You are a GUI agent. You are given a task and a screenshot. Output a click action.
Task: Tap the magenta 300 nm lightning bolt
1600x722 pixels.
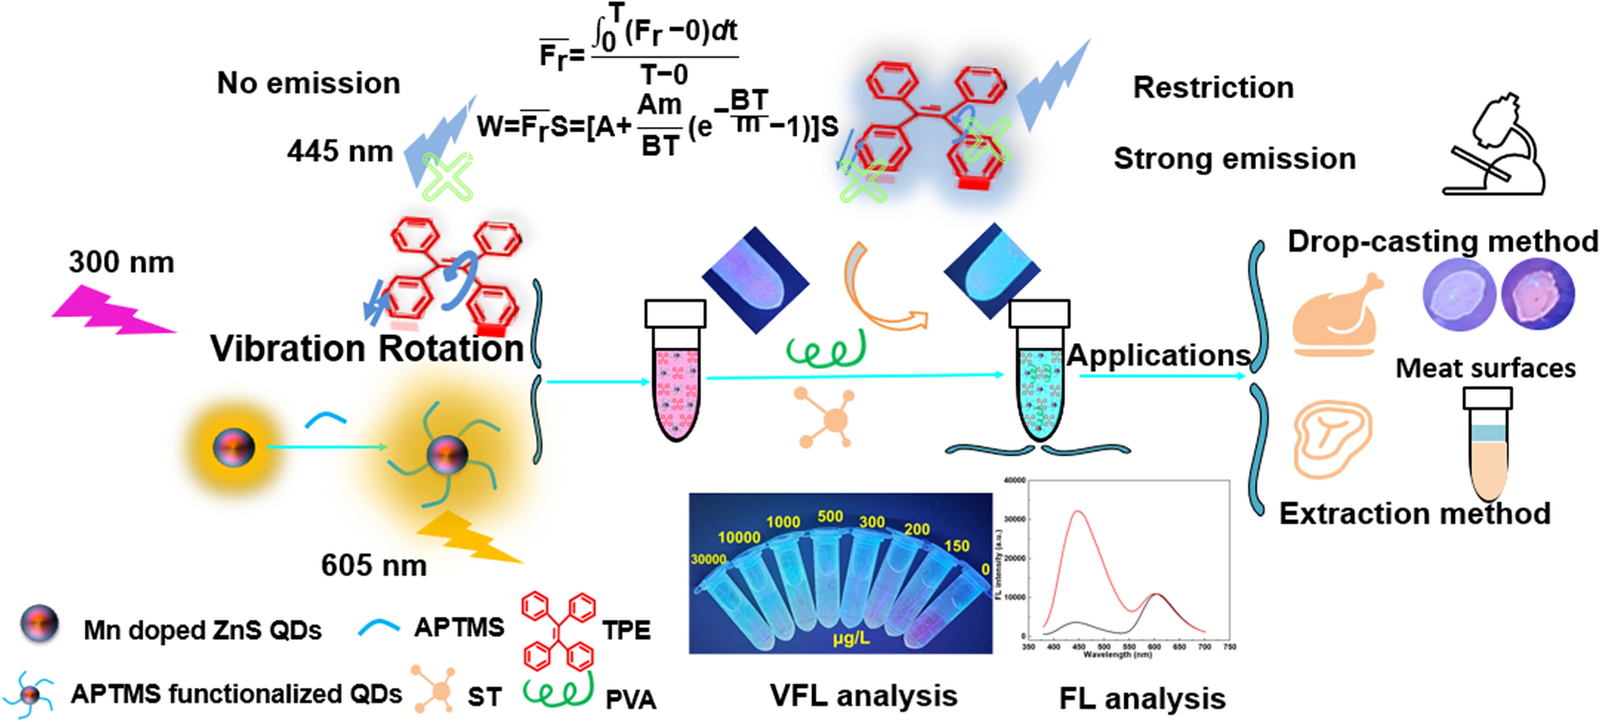[x=110, y=311]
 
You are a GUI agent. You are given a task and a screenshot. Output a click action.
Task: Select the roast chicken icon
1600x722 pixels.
[x=1335, y=315]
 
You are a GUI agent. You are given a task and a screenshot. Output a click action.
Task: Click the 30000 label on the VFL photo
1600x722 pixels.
[x=707, y=559]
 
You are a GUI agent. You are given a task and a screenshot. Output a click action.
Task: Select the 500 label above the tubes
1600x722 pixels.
[x=830, y=516]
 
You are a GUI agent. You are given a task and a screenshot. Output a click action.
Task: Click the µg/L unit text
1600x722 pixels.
[x=851, y=638]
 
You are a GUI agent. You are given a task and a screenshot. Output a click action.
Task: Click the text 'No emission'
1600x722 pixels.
[x=308, y=83]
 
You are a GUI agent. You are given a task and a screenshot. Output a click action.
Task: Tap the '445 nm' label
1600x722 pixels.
[x=339, y=151]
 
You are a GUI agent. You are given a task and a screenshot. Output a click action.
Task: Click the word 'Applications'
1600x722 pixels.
[x=1158, y=355]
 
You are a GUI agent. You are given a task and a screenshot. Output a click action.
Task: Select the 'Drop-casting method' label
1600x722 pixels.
[x=1442, y=241]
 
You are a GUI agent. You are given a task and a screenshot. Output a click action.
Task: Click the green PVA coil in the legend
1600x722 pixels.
[x=558, y=690]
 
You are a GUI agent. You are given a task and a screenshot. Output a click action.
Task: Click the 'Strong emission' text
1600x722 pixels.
[x=1234, y=158]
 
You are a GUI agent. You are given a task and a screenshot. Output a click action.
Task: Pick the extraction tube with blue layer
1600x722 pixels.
[x=1487, y=445]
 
